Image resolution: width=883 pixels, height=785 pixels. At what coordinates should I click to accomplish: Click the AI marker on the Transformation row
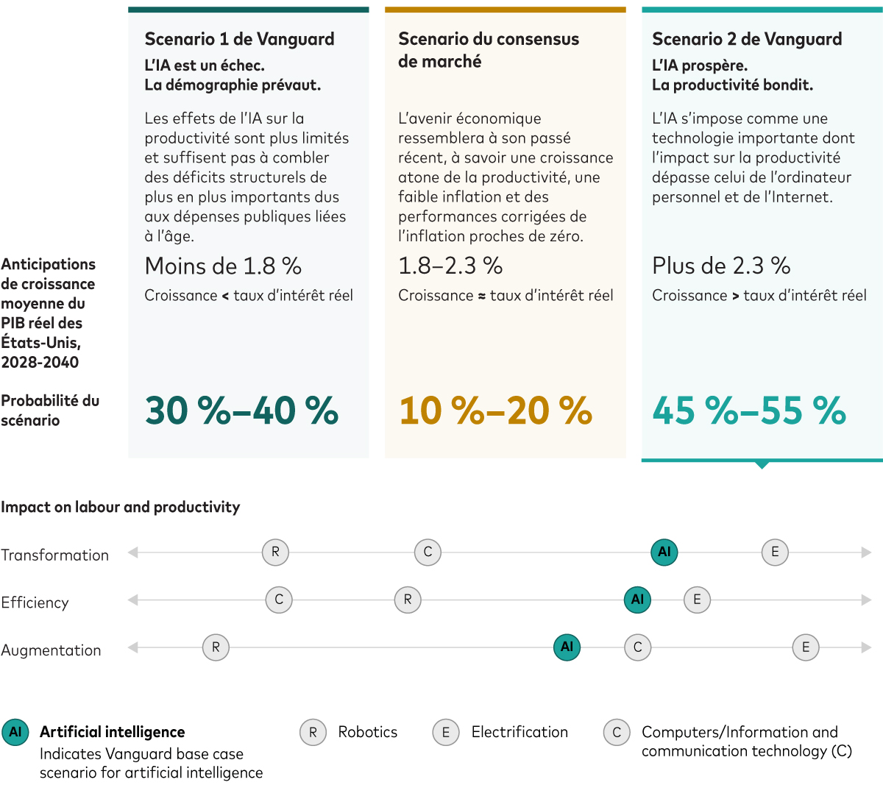pos(664,552)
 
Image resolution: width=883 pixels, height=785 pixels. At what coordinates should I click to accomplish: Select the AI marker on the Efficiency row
pos(637,600)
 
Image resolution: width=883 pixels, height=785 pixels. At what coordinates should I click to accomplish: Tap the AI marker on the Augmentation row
pos(567,647)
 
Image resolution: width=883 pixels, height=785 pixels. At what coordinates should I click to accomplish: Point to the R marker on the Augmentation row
pos(216,647)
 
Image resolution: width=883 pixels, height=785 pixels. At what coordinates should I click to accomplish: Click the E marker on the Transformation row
pos(775,552)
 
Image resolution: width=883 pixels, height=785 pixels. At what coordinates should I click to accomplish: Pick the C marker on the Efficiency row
pos(279,600)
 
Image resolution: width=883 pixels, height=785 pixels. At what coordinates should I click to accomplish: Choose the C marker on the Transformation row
pos(428,552)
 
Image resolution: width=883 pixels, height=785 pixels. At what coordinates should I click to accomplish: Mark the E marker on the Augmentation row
pos(806,647)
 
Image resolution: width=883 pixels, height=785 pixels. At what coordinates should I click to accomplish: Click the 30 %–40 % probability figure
pos(241,411)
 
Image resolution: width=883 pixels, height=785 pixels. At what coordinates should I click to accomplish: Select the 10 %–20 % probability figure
pos(495,411)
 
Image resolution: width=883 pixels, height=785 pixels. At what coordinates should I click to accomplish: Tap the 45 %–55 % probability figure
pos(749,411)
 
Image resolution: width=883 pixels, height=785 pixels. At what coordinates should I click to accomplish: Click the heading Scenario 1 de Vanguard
pos(239,39)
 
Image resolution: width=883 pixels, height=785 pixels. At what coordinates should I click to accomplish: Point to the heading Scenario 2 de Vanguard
pos(747,39)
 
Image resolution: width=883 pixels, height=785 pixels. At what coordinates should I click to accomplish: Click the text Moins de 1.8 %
pos(223,266)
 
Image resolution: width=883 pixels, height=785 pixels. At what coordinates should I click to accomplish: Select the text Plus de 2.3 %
pos(721,266)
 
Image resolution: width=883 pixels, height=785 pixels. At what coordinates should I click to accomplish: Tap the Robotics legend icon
pos(313,733)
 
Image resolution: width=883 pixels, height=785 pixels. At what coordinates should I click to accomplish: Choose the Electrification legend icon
pos(446,733)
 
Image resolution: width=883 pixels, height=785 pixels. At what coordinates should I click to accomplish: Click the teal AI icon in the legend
pos(15,733)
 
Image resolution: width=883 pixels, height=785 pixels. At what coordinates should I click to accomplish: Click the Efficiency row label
pos(35,603)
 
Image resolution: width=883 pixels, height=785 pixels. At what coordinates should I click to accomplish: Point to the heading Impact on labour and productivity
pos(121,507)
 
